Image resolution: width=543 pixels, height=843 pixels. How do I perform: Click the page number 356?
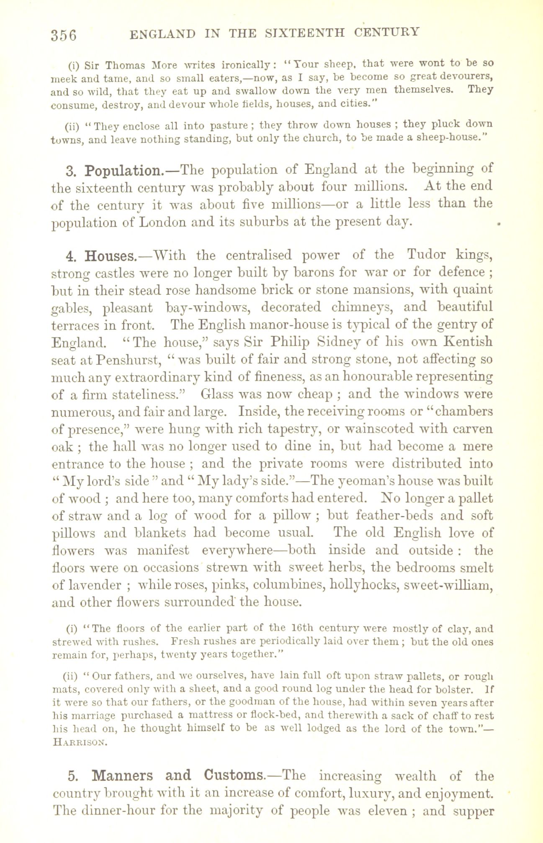point(64,35)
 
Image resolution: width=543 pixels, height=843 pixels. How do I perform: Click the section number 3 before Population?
point(69,171)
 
